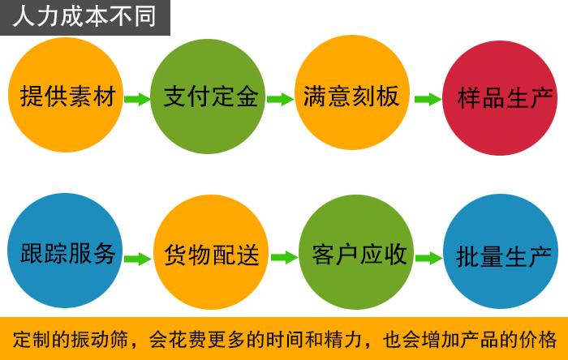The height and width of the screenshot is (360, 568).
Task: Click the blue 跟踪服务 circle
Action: tap(68, 253)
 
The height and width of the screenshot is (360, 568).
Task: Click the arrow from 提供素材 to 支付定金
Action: tap(138, 99)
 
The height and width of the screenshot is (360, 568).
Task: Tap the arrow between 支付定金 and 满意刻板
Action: tap(280, 99)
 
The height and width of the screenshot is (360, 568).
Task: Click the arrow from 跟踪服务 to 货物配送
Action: tap(138, 259)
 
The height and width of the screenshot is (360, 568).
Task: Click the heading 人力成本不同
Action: tap(84, 16)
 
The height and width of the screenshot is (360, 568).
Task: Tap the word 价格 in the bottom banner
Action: tap(539, 338)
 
